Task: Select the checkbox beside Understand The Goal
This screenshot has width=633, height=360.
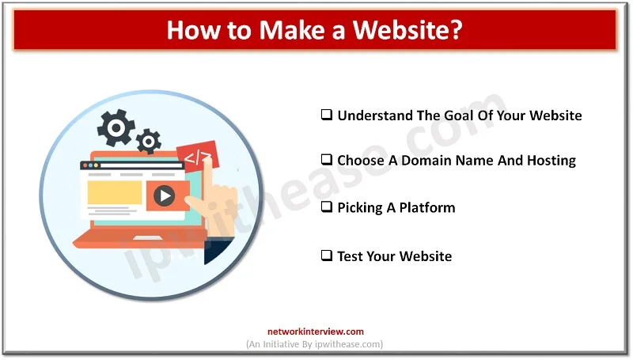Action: pos(326,116)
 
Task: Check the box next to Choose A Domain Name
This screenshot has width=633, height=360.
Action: pos(326,161)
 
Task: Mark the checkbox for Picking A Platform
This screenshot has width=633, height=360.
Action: pos(326,208)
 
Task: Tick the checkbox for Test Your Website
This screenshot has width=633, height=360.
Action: pos(326,256)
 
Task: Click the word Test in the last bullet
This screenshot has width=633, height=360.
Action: pos(351,256)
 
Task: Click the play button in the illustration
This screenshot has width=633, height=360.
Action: pos(164,195)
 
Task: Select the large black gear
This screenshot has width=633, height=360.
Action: pos(116,128)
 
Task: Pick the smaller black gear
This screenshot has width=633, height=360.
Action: pos(147,142)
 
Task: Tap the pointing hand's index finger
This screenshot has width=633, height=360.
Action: pos(207,170)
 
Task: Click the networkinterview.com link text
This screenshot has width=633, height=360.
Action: pos(316,332)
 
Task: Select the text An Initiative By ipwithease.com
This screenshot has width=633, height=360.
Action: pos(316,345)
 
